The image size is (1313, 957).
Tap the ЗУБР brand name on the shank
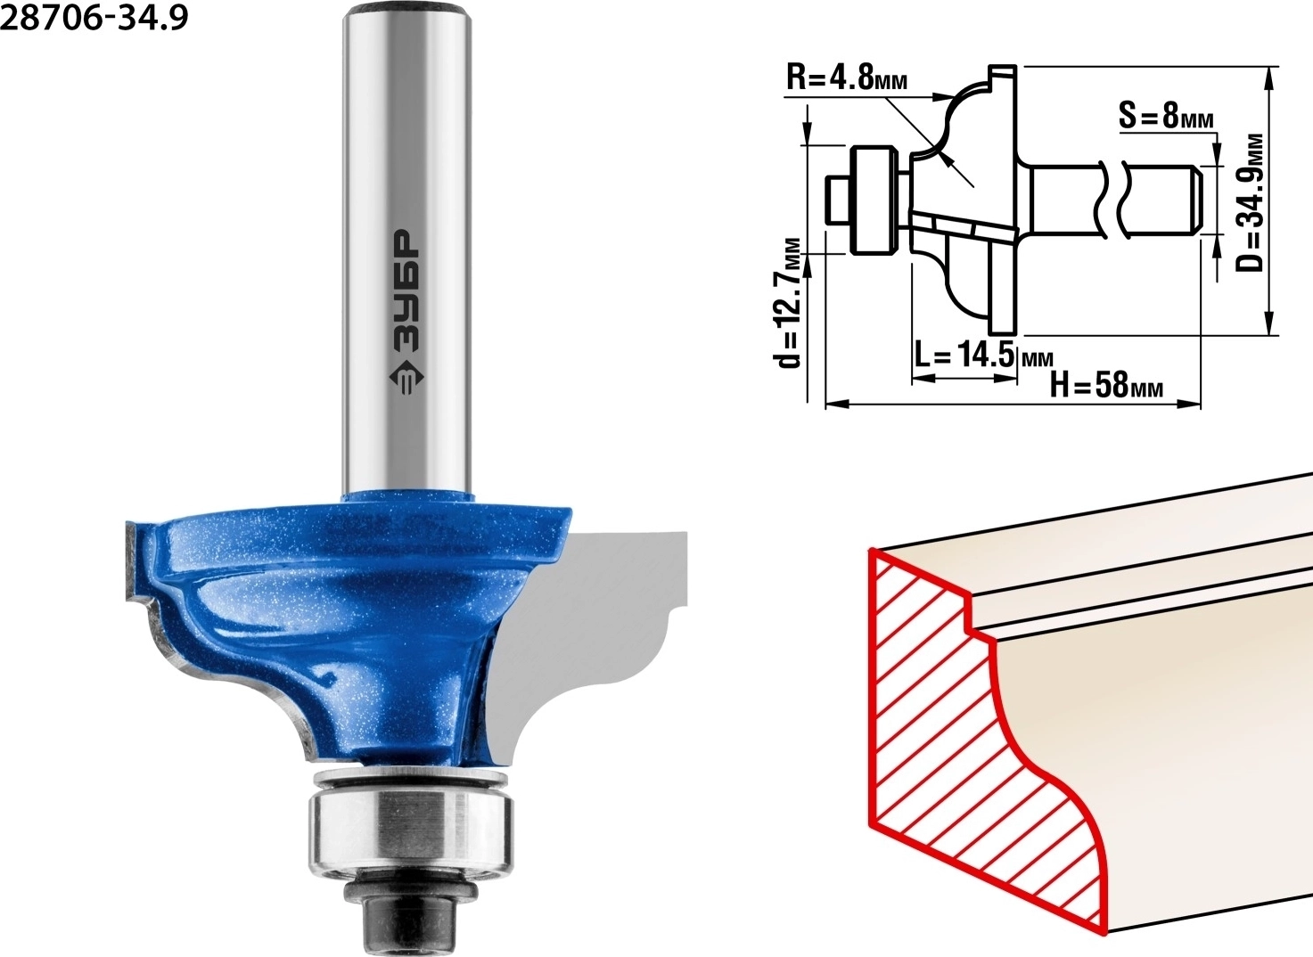click(406, 290)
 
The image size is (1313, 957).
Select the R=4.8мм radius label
click(847, 78)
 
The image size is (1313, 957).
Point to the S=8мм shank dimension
click(1166, 115)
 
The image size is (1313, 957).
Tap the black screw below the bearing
click(410, 920)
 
